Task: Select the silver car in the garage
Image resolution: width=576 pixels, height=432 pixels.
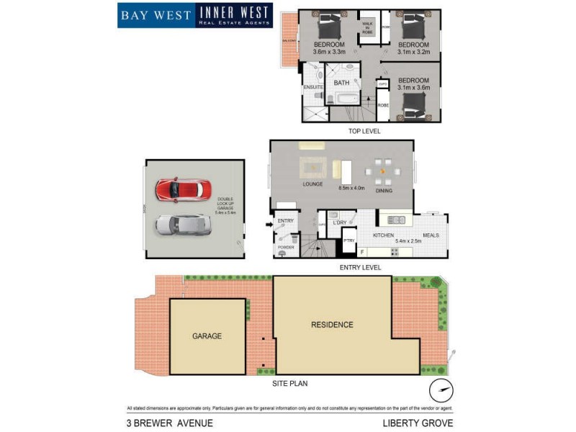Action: (x=183, y=225)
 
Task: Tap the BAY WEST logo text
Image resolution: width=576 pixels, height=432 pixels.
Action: (x=156, y=15)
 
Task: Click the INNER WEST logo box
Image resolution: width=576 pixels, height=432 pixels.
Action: (x=234, y=15)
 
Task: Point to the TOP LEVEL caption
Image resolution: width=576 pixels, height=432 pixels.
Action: (x=364, y=131)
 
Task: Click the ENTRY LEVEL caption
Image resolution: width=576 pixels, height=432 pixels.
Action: (x=360, y=267)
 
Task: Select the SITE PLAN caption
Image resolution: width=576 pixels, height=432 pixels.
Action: (x=290, y=384)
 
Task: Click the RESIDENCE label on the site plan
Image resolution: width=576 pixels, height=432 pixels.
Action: (x=332, y=325)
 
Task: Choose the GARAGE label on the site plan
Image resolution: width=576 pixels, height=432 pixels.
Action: (x=207, y=336)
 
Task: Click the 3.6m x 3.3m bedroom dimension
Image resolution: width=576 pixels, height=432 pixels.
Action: (x=329, y=52)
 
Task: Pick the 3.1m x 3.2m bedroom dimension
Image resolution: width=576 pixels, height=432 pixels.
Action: (x=414, y=52)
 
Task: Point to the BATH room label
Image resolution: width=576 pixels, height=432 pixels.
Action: (x=341, y=83)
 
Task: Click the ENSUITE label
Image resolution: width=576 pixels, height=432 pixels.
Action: (x=312, y=87)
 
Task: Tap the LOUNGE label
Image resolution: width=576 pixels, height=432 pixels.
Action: (x=312, y=184)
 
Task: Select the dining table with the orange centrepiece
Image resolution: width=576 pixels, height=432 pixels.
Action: (x=382, y=171)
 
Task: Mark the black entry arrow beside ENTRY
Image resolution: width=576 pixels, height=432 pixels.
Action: (x=269, y=225)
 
